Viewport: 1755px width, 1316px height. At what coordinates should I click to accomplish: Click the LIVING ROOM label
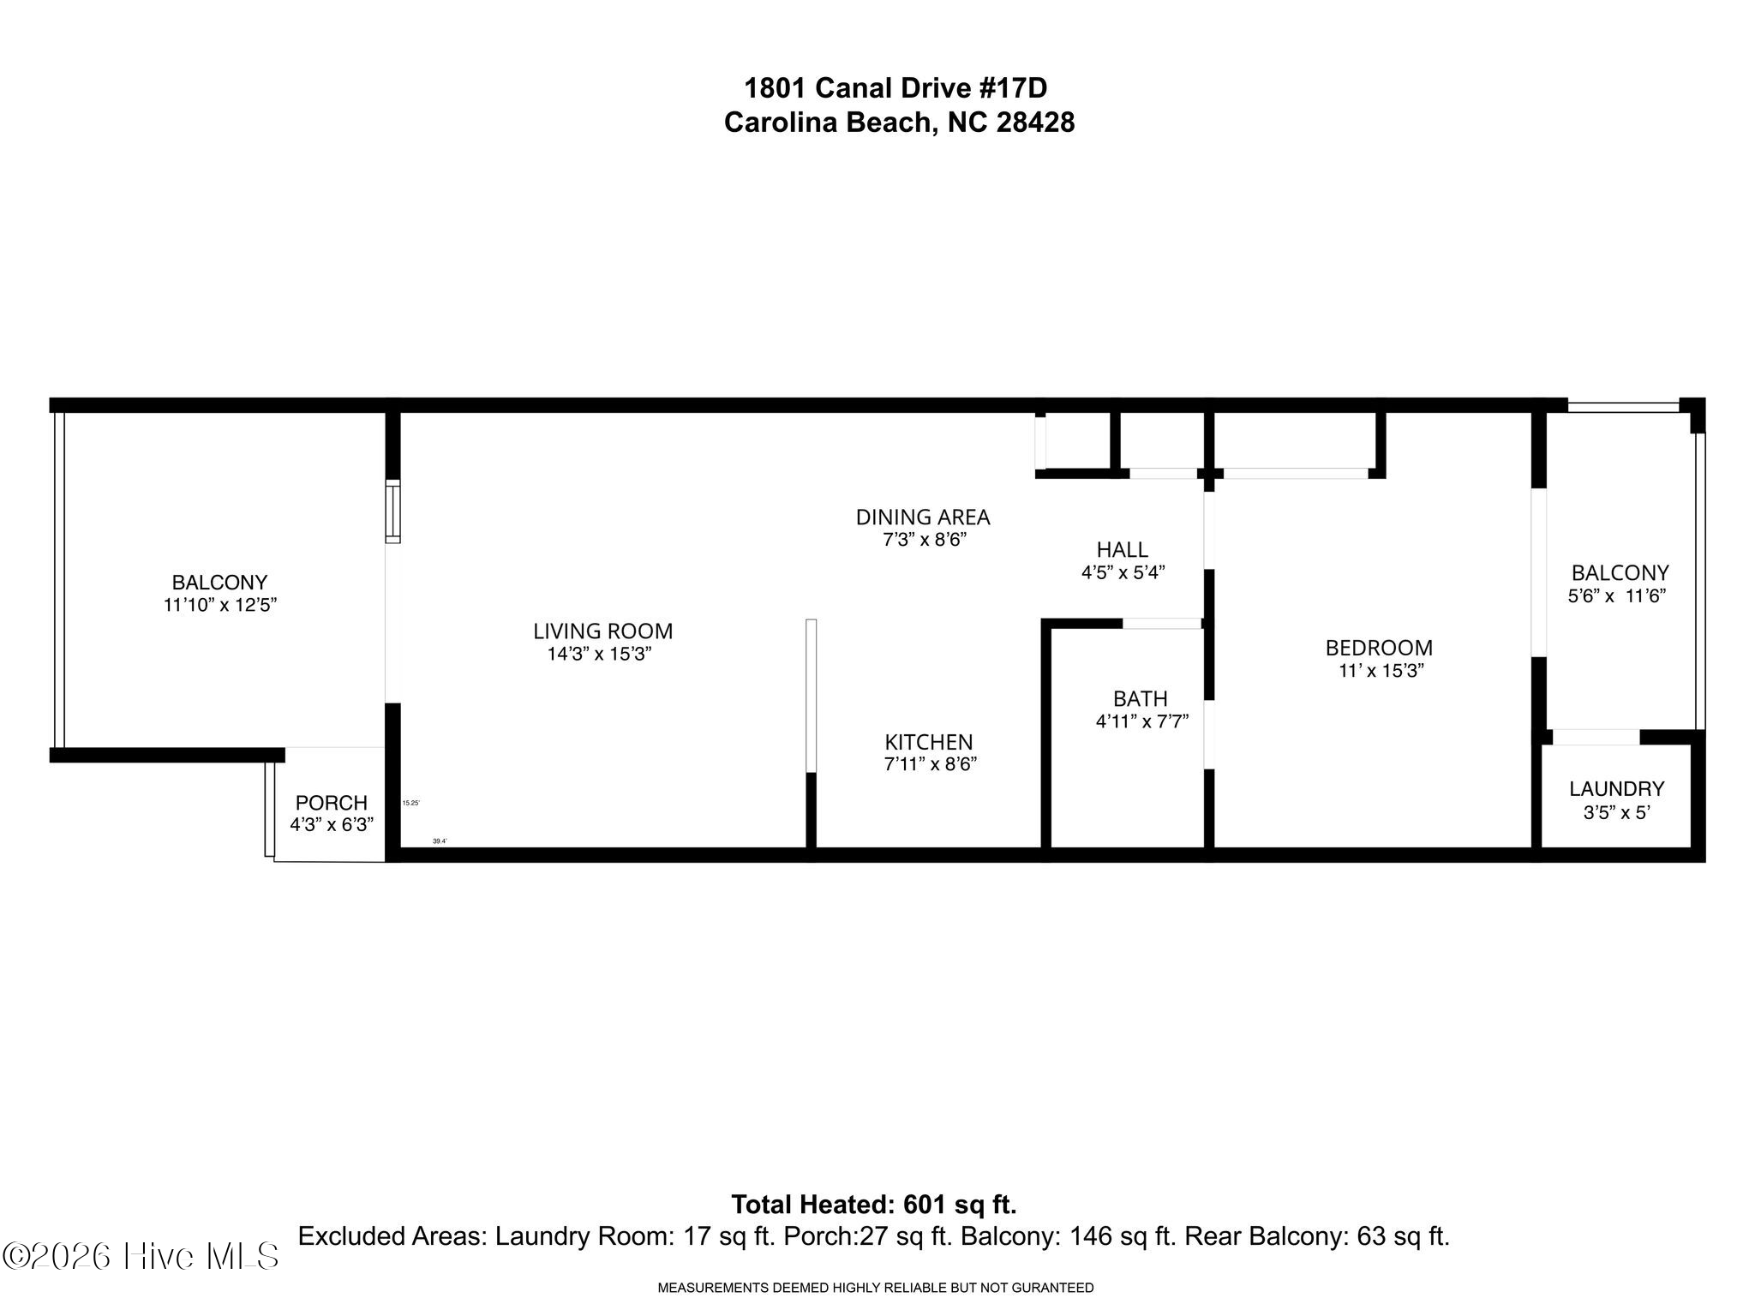602,631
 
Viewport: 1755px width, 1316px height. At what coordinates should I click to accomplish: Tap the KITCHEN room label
929,742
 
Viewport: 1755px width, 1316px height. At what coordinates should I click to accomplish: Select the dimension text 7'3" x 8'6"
925,540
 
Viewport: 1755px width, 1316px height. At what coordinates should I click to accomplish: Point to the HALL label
1122,550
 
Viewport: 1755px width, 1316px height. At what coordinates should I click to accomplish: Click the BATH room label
1140,699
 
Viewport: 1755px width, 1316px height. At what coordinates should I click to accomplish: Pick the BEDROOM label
1379,648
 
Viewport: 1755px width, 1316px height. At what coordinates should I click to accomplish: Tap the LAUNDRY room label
1616,789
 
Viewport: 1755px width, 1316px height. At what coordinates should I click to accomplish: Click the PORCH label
331,803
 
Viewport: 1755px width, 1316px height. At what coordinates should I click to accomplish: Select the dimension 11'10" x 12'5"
220,605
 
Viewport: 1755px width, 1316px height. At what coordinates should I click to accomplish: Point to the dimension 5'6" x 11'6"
1616,596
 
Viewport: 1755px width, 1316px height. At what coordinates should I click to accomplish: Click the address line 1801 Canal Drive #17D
895,88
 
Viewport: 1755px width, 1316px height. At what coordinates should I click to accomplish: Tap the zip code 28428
1035,123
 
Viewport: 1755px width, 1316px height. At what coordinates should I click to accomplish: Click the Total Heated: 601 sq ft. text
873,1205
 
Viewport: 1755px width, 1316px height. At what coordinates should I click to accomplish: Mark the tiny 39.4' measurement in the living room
439,841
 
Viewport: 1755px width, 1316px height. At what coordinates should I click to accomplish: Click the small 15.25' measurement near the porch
410,803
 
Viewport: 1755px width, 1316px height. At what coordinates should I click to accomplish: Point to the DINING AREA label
923,517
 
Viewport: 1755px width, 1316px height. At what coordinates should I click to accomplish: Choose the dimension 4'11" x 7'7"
1141,722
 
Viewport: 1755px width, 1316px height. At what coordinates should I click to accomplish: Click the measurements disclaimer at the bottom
875,1288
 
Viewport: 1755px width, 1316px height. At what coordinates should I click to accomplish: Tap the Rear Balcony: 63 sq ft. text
1316,1236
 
